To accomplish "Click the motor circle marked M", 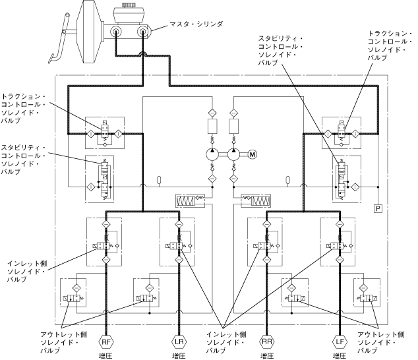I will point(252,154).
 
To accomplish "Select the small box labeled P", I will point(378,208).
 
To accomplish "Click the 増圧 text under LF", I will point(339,355).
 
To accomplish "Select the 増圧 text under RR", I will point(267,355).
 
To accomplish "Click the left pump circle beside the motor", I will point(213,154).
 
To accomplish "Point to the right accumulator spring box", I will point(256,198).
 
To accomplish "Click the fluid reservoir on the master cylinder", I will point(130,14).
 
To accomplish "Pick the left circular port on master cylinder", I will point(117,32).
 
